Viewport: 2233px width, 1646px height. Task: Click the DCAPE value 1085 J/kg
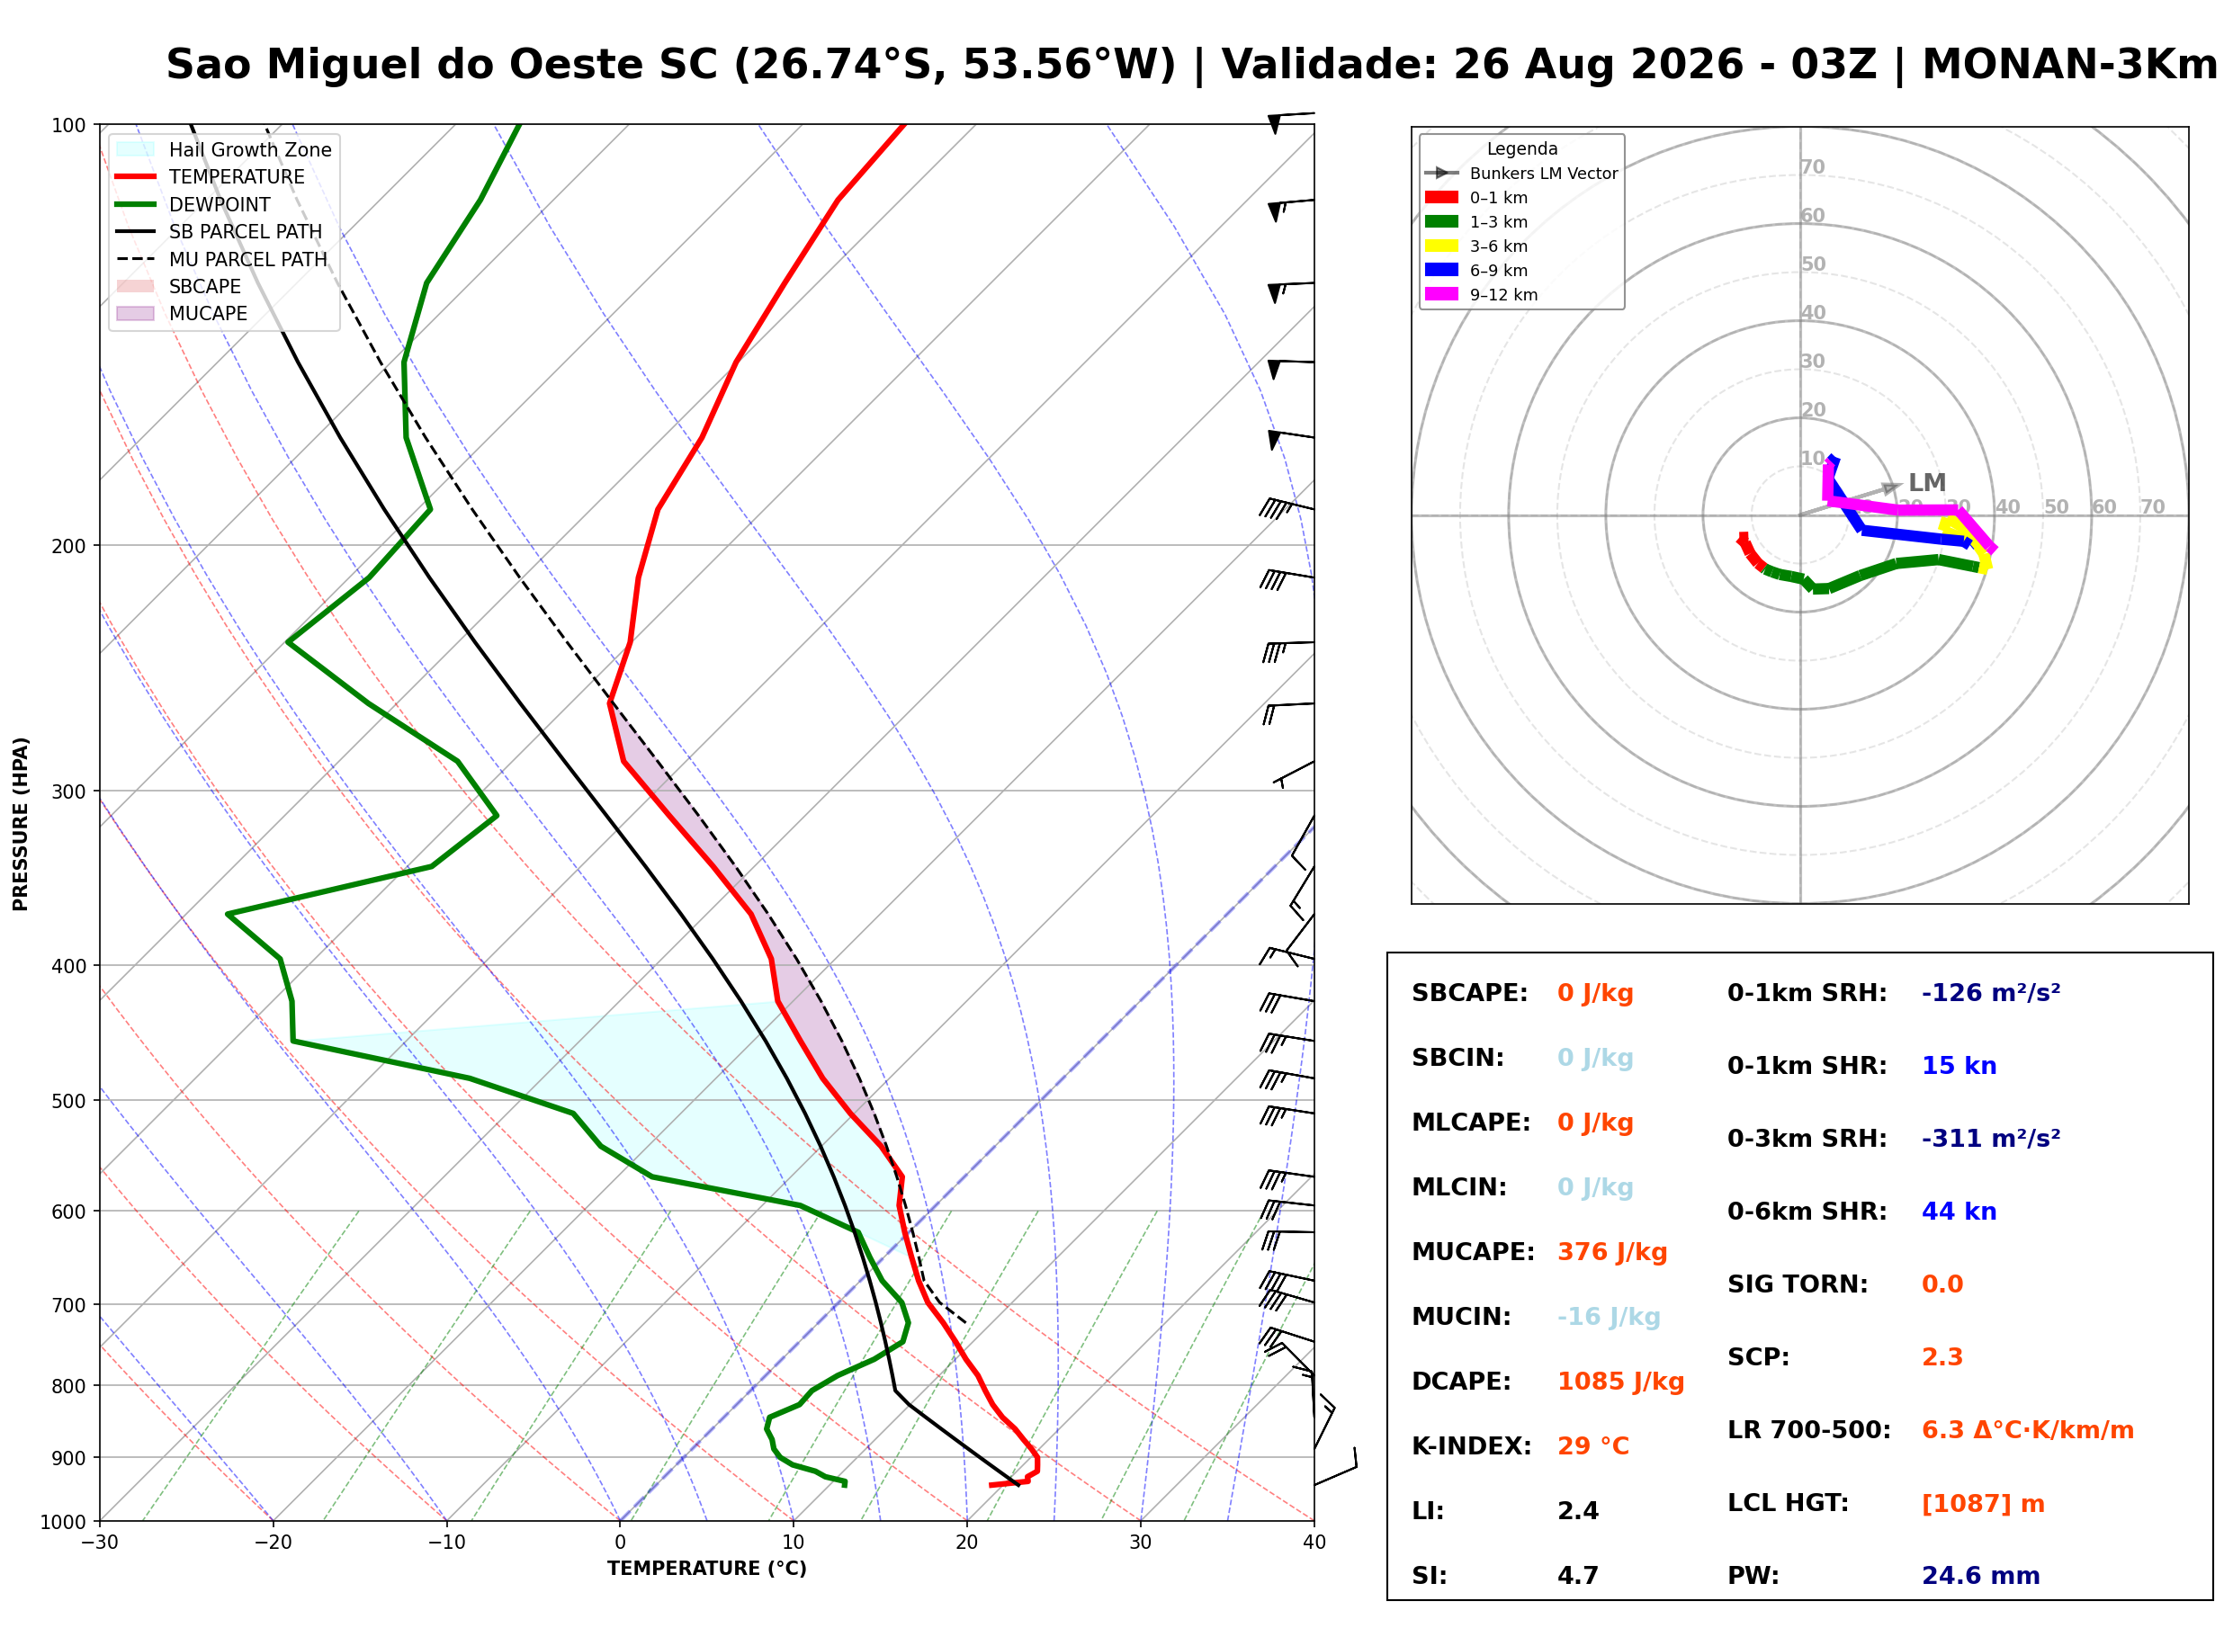[1620, 1381]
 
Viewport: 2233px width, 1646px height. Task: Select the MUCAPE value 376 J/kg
[1612, 1251]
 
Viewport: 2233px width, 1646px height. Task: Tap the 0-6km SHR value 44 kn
[1959, 1211]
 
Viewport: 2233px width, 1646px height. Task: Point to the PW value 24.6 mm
[1981, 1575]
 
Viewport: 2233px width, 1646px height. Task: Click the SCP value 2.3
[1942, 1356]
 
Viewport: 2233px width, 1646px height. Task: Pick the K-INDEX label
[1472, 1445]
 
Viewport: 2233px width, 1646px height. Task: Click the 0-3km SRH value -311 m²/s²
[1991, 1138]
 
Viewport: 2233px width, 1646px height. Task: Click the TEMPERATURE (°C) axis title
[706, 1569]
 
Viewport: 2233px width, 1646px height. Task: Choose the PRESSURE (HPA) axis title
[21, 823]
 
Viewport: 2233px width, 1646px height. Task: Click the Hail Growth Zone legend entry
[224, 149]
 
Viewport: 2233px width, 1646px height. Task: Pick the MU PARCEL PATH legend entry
[222, 259]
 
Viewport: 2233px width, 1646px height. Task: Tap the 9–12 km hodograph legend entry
[1482, 294]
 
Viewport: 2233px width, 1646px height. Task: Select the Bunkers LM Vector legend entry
[1521, 173]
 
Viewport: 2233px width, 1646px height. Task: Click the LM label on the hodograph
[1927, 482]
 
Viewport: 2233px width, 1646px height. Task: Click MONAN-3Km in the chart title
[2069, 64]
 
